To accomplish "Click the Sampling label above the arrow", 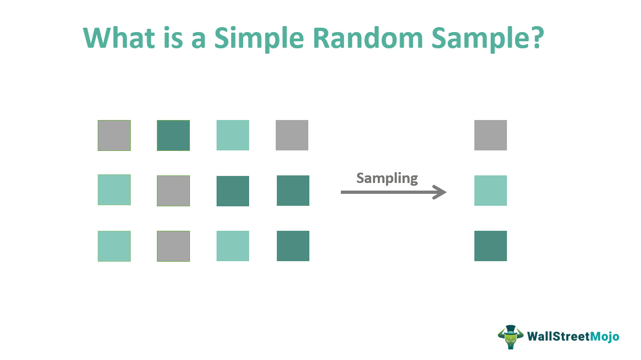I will click(387, 178).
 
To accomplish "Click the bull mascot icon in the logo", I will click(510, 337).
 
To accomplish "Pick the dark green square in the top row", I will click(173, 135).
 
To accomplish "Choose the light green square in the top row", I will click(233, 135).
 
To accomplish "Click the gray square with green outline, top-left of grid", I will click(114, 135).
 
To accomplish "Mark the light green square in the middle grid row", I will click(114, 190).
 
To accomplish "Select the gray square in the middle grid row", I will click(173, 191).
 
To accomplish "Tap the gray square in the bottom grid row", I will click(173, 246).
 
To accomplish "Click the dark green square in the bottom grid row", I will click(293, 246).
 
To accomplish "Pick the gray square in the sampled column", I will click(490, 135).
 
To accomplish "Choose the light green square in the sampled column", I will click(490, 191).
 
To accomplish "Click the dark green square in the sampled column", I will click(490, 246).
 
